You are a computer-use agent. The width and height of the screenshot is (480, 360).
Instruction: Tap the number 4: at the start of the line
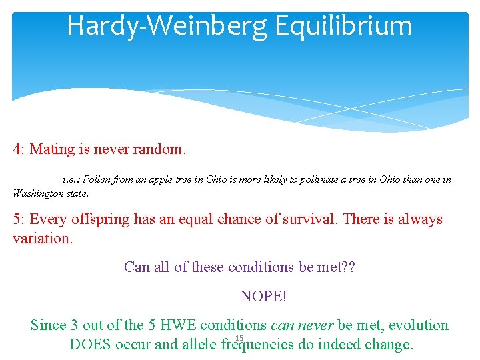click(19, 149)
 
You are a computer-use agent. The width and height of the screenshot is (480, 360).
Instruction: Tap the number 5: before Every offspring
click(19, 219)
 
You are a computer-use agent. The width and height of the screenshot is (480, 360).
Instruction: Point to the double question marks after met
click(349, 267)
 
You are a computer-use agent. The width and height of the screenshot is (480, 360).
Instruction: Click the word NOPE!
click(263, 296)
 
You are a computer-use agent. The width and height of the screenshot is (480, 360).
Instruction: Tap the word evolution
click(419, 325)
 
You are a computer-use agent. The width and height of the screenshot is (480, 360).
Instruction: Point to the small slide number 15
click(239, 339)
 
